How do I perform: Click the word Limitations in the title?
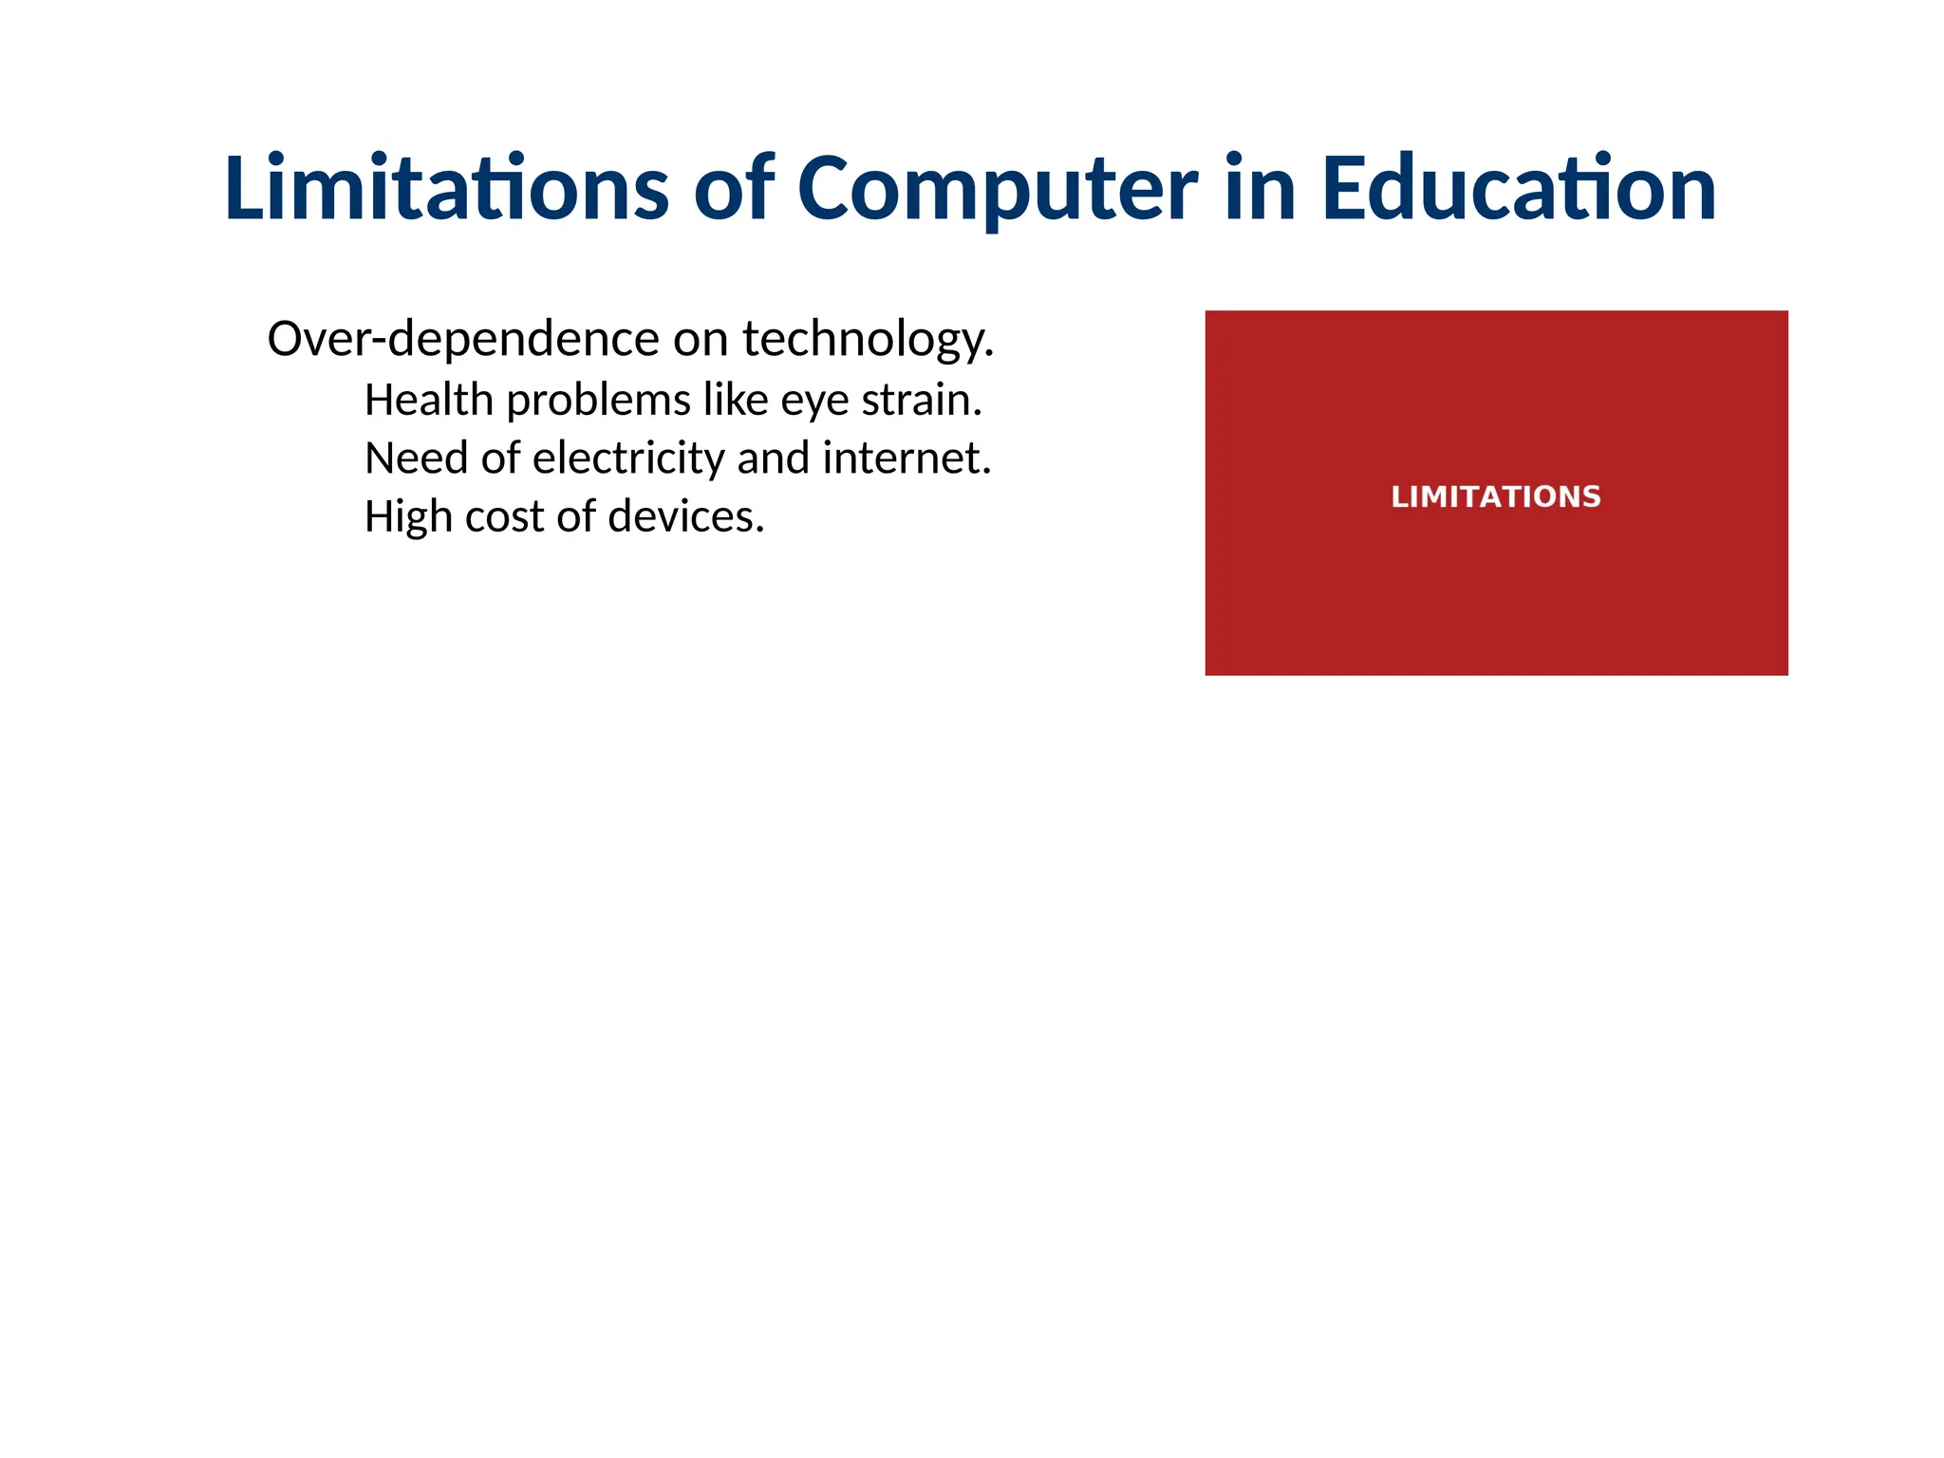pyautogui.click(x=446, y=189)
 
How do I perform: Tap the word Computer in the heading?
pyautogui.click(x=997, y=189)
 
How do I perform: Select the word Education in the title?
pyautogui.click(x=1518, y=189)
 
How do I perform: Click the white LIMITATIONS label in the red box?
pyautogui.click(x=1496, y=496)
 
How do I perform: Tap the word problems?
pyautogui.click(x=598, y=400)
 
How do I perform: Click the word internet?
pyautogui.click(x=906, y=458)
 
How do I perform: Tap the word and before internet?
pyautogui.click(x=773, y=458)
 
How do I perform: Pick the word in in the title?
pyautogui.click(x=1260, y=189)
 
